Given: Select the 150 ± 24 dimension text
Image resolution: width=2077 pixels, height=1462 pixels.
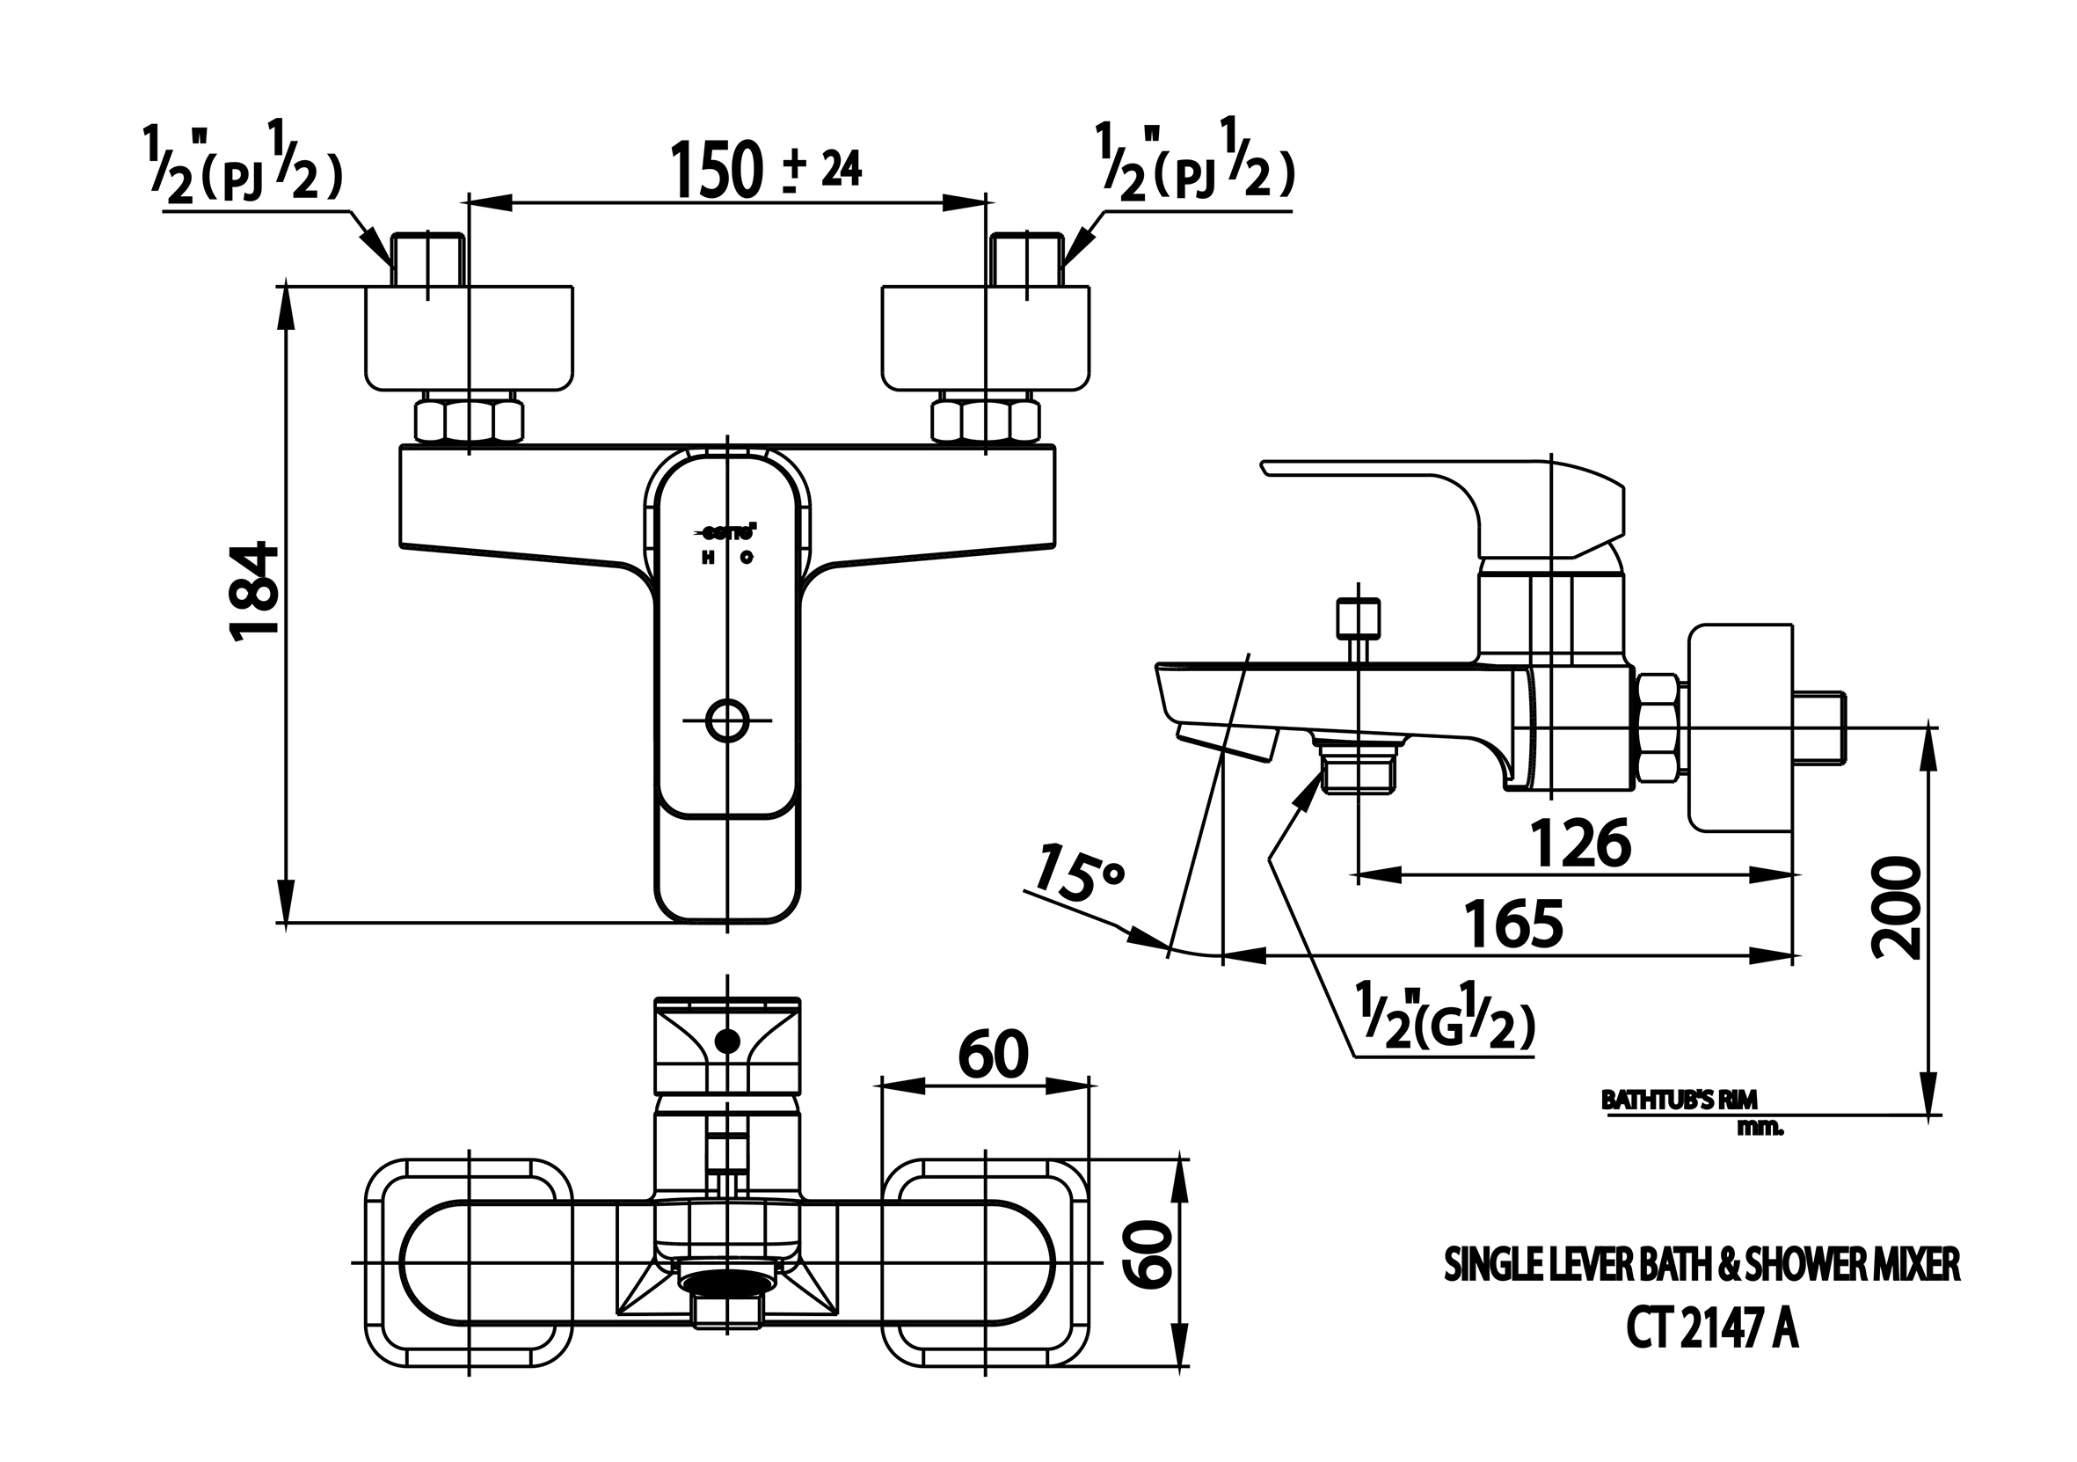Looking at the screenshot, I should click(764, 170).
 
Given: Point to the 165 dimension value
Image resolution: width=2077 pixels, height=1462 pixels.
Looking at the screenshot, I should click(1513, 925).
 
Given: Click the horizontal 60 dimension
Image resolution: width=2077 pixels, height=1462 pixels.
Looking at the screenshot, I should click(993, 1054).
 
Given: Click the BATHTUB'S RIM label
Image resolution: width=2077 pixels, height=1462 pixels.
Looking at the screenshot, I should click(1678, 1100).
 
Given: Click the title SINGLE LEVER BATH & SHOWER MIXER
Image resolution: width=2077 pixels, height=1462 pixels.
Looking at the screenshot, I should click(1701, 1266).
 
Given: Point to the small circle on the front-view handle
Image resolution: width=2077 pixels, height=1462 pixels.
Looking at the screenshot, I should click(727, 721).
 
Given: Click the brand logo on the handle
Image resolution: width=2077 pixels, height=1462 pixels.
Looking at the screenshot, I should click(729, 533).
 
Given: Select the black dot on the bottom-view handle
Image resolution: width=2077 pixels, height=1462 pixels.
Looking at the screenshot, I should click(726, 1042).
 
